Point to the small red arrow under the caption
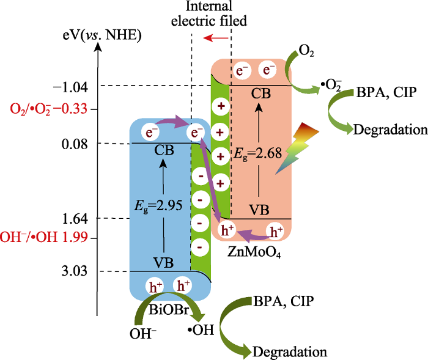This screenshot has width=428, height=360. click(x=213, y=39)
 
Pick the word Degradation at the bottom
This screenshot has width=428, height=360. click(x=290, y=351)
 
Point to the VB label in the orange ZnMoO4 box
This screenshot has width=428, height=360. click(x=259, y=210)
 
